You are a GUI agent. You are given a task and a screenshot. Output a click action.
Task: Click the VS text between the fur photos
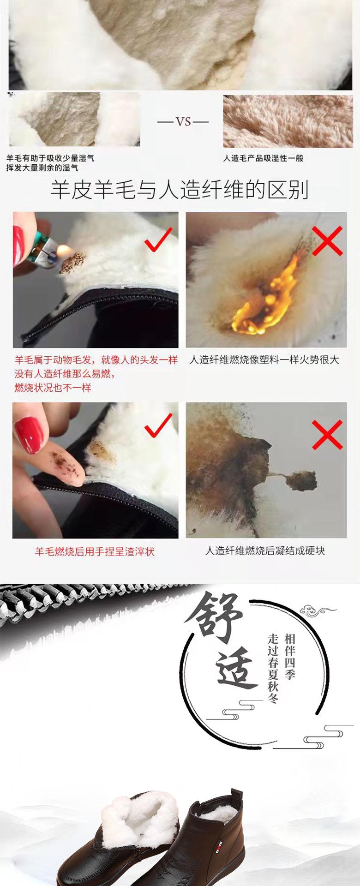click(183, 122)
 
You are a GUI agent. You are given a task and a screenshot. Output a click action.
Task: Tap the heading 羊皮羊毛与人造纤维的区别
click(179, 190)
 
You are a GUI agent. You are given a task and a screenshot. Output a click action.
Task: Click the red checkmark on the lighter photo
click(158, 239)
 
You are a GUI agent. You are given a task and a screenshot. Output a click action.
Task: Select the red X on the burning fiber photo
click(327, 240)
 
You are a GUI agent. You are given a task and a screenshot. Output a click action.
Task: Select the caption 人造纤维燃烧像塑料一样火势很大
click(264, 360)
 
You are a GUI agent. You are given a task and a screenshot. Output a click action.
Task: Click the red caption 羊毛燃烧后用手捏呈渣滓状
click(95, 551)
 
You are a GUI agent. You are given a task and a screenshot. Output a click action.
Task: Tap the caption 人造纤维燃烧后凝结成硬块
click(265, 551)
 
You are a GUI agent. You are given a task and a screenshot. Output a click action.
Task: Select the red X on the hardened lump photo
click(327, 435)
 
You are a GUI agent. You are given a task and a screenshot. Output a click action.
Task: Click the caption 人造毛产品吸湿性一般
click(263, 158)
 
